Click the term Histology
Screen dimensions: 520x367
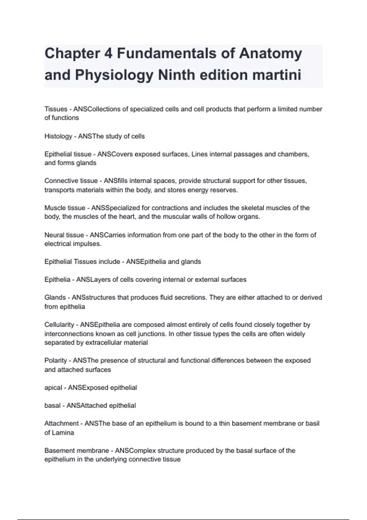[58, 136]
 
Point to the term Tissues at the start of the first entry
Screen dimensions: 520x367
[56, 109]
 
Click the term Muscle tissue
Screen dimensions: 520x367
[65, 208]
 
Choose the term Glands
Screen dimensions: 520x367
[55, 298]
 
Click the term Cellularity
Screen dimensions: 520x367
[59, 325]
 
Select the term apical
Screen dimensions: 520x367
[53, 388]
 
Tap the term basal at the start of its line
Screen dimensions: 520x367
[52, 406]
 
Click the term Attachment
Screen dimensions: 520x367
[61, 424]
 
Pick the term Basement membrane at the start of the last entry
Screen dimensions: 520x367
[76, 451]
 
